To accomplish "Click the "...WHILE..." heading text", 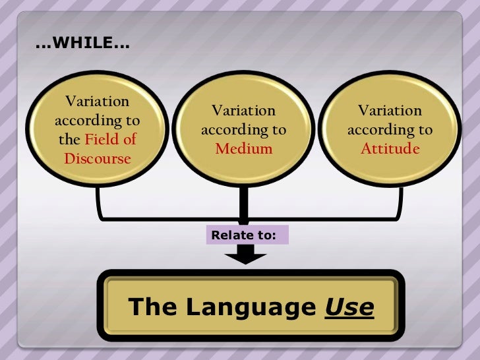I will (x=82, y=45).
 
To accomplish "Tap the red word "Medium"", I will (x=243, y=148).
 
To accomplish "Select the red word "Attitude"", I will (x=390, y=148).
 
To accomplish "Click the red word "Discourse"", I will (x=98, y=159).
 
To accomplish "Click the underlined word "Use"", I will (x=349, y=307).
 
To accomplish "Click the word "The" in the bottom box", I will (x=153, y=307).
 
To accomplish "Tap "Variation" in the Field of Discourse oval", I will (x=98, y=102).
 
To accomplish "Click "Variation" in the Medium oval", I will (x=243, y=111).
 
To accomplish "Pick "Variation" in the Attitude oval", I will (x=390, y=111).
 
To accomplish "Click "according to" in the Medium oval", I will (x=243, y=130).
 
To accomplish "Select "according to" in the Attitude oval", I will (x=390, y=130).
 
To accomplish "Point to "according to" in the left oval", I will (x=98, y=121).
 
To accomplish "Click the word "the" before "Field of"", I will (x=69, y=140).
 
